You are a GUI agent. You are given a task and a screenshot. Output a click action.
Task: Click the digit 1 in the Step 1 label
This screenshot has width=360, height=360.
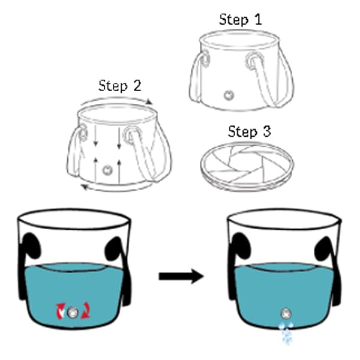tap(258, 20)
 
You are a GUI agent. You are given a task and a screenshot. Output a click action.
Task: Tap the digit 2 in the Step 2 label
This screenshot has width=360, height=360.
tap(137, 86)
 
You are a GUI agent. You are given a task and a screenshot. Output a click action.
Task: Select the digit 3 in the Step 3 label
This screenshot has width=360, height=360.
tap(266, 131)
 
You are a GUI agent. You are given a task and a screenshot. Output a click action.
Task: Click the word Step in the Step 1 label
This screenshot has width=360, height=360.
tap(234, 20)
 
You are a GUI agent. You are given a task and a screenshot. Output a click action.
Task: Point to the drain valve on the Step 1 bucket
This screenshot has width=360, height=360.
tap(229, 95)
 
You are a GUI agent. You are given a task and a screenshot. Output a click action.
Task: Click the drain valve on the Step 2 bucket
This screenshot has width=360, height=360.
tap(107, 170)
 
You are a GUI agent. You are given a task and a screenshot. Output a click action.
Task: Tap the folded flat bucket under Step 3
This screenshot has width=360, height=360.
tap(247, 166)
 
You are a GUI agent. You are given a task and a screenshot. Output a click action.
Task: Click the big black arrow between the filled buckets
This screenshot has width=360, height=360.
tap(181, 276)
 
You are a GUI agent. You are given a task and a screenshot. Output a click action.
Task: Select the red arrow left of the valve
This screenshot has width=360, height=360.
tap(61, 311)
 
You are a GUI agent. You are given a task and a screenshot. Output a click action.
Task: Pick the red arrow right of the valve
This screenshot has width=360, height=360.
tap(86, 311)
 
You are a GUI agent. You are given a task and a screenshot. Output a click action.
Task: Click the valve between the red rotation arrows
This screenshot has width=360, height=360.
tap(73, 312)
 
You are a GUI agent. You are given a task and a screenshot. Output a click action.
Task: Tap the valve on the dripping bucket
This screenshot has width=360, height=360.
tap(286, 313)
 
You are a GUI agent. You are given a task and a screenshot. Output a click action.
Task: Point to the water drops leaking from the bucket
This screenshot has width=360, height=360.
tap(286, 332)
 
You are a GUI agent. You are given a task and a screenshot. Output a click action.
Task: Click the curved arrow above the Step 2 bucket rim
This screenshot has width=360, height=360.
tap(116, 100)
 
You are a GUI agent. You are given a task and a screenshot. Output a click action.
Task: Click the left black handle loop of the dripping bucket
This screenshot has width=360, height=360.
tap(240, 245)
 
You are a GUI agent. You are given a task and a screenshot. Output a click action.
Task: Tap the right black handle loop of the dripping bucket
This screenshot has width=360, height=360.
tap(323, 249)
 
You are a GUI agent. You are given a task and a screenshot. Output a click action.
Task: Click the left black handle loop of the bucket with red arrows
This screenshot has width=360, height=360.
tap(31, 245)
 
